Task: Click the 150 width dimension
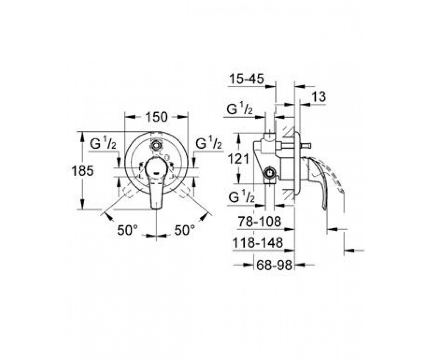[x=156, y=117]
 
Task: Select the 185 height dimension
[x=82, y=171]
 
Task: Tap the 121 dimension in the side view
[x=238, y=159]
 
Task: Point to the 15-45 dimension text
[x=247, y=79]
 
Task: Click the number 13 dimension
[x=319, y=97]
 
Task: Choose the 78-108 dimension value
[x=260, y=221]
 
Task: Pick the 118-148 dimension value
[x=258, y=243]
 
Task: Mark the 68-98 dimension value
[x=274, y=265]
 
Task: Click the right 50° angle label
[x=185, y=230]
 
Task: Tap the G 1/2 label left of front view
[x=103, y=143]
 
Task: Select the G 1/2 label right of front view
[x=208, y=142]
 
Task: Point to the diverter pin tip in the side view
[x=307, y=146]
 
